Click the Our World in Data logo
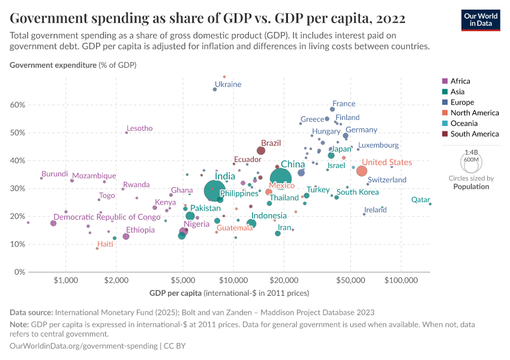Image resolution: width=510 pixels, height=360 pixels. (x=481, y=20)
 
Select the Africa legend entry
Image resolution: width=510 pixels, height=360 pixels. (x=460, y=81)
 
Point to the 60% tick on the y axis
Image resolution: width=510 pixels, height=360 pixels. (x=18, y=104)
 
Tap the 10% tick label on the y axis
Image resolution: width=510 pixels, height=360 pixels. (x=18, y=244)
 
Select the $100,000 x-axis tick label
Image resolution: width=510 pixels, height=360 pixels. (x=401, y=280)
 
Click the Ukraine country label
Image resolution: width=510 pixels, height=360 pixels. (x=228, y=85)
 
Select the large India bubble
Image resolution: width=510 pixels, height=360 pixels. (x=214, y=191)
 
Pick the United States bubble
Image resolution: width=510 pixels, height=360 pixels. (x=362, y=171)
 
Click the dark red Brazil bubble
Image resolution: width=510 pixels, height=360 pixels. (x=261, y=151)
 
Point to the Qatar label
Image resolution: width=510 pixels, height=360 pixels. (x=420, y=200)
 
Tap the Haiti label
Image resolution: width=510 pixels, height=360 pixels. (x=105, y=244)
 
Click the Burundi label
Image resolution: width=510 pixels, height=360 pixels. (x=54, y=174)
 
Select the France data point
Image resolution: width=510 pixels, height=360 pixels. (x=332, y=109)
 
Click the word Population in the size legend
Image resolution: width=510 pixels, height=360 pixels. (x=471, y=187)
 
